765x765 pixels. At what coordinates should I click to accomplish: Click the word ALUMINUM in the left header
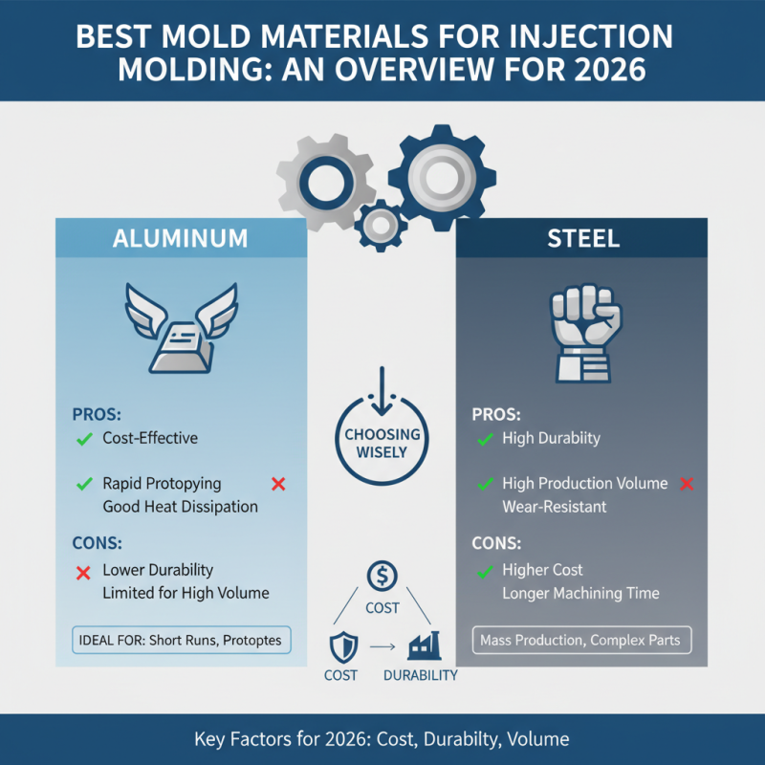point(181,238)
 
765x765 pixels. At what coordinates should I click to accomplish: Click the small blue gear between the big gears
point(382,224)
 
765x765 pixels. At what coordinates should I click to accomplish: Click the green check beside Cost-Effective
point(83,439)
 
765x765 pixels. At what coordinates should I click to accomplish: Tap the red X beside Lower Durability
point(83,571)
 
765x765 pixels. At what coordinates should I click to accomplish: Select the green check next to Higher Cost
point(484,571)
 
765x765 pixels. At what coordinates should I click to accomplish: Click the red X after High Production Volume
point(686,483)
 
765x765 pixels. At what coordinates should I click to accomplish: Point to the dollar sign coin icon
point(382,576)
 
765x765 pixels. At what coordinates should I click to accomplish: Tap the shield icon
point(341,645)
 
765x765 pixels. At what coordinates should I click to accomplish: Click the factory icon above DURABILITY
point(421,646)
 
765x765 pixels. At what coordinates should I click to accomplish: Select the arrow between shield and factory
point(382,647)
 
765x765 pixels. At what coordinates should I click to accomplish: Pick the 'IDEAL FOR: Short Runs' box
point(180,640)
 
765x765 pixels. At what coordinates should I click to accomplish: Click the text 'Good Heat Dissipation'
point(180,507)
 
